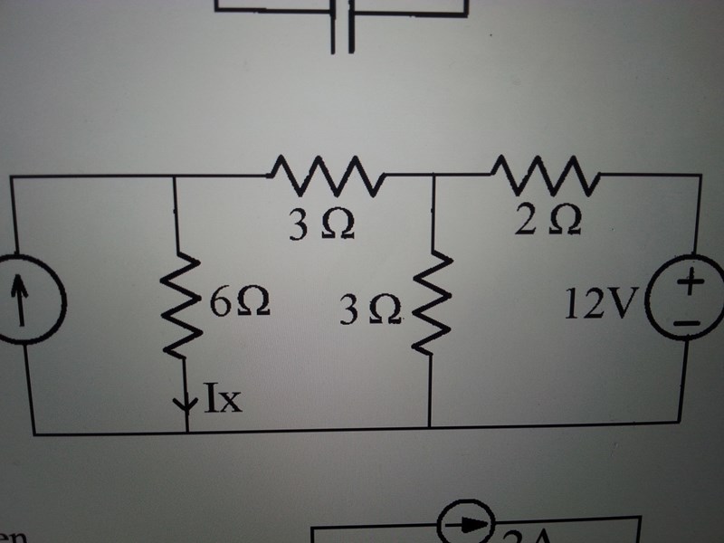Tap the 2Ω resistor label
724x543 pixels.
click(548, 220)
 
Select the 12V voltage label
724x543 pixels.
click(600, 306)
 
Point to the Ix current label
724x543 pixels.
click(222, 398)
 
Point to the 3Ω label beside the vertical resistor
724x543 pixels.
click(372, 312)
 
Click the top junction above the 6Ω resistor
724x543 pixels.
click(173, 176)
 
